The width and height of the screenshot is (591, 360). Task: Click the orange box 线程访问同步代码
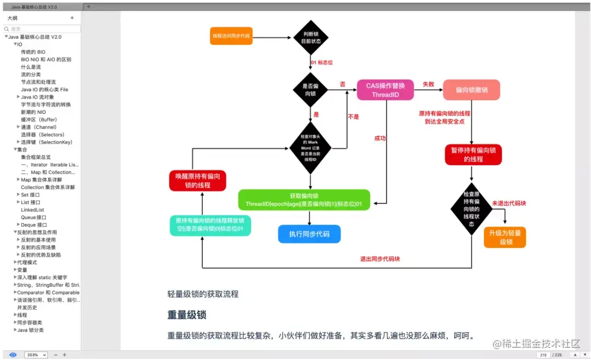pyautogui.click(x=231, y=36)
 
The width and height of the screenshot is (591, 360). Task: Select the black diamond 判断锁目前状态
pyautogui.click(x=310, y=37)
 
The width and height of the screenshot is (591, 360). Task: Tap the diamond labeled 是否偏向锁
pyautogui.click(x=310, y=90)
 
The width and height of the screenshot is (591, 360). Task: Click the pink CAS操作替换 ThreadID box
pyautogui.click(x=385, y=90)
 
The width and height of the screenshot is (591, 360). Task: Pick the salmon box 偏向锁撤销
pyautogui.click(x=471, y=90)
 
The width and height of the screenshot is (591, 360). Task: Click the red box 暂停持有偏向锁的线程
pyautogui.click(x=473, y=155)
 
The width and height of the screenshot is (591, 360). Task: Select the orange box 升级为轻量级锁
pyautogui.click(x=505, y=237)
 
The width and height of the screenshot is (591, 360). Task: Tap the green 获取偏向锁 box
pyautogui.click(x=304, y=200)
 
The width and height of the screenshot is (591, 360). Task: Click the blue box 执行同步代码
pyautogui.click(x=309, y=234)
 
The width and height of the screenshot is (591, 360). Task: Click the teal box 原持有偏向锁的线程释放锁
pyautogui.click(x=210, y=225)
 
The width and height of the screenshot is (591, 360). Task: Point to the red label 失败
pyautogui.click(x=428, y=85)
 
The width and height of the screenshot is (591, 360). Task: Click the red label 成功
pyautogui.click(x=380, y=138)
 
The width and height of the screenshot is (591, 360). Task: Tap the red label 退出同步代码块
pyautogui.click(x=379, y=259)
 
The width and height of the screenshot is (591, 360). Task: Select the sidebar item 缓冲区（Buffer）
pyautogui.click(x=39, y=119)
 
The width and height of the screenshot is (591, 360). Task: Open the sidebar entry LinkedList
pyautogui.click(x=32, y=210)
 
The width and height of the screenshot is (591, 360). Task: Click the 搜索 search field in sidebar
pyautogui.click(x=42, y=28)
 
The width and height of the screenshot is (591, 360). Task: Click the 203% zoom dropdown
pyautogui.click(x=36, y=355)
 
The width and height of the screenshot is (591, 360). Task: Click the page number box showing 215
pyautogui.click(x=543, y=355)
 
